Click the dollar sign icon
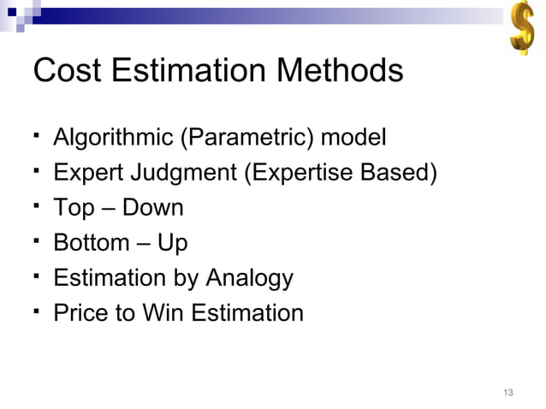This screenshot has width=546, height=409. (x=520, y=30)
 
